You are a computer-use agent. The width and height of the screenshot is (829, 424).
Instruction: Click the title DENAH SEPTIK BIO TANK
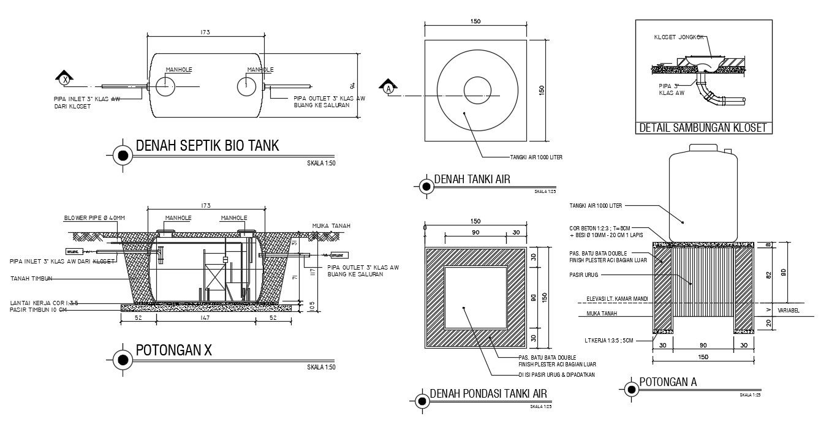click(x=206, y=146)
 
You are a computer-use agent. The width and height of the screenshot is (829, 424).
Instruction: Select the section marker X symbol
click(x=65, y=78)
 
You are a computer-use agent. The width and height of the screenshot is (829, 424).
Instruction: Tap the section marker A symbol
click(x=387, y=88)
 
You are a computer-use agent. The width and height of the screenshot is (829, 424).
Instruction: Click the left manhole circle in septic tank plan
click(x=165, y=86)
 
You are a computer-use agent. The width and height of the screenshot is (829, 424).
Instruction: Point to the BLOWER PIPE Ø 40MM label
click(x=94, y=218)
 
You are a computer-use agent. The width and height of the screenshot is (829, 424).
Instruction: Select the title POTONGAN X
click(x=173, y=350)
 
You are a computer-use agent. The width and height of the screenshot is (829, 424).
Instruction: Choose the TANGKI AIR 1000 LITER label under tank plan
click(x=536, y=157)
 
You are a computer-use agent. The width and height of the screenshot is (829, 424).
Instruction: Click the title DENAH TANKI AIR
click(x=472, y=180)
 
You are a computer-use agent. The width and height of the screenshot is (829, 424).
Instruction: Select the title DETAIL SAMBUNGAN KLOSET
click(x=703, y=128)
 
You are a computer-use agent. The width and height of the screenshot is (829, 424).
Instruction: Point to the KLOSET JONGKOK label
click(x=678, y=37)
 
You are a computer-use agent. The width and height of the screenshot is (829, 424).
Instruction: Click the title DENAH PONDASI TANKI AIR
click(x=488, y=393)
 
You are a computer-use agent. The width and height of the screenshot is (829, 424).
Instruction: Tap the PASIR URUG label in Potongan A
click(x=583, y=275)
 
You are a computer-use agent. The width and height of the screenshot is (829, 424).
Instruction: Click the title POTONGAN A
click(x=668, y=382)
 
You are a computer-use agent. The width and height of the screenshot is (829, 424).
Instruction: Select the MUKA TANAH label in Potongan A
click(x=601, y=313)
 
